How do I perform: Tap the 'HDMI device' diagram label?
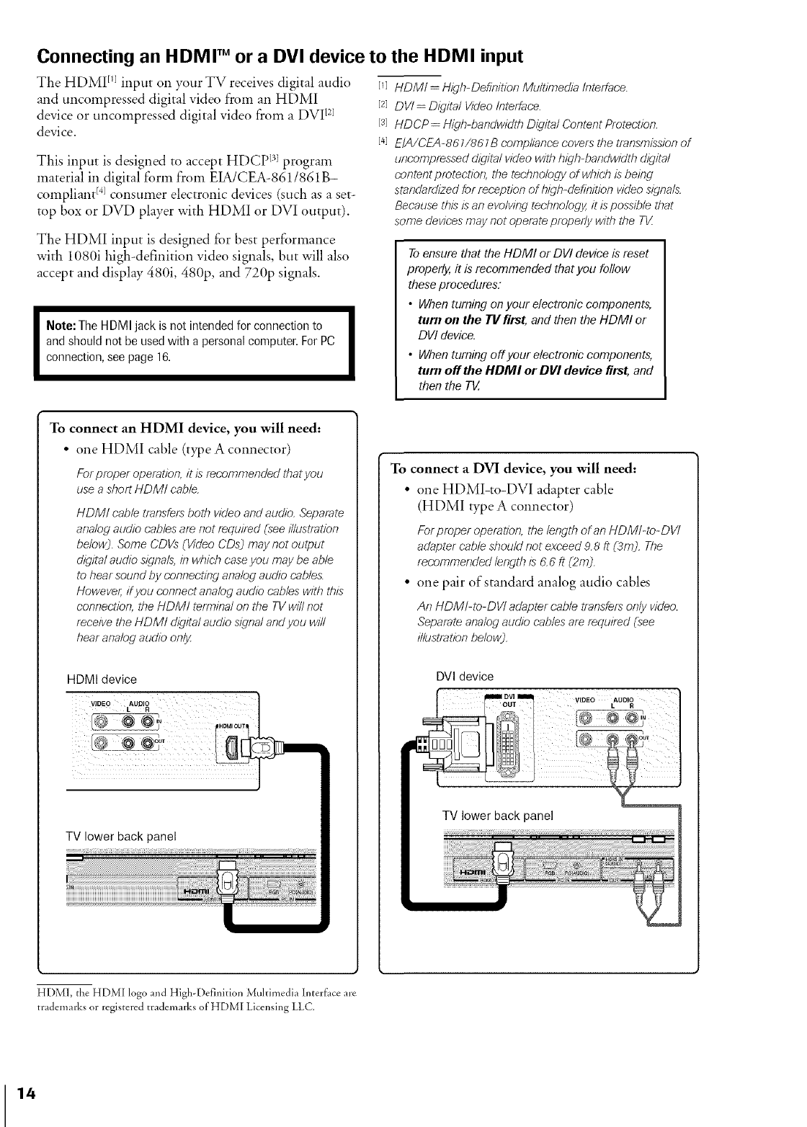pos(102,680)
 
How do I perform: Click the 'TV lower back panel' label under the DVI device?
pos(497,815)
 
